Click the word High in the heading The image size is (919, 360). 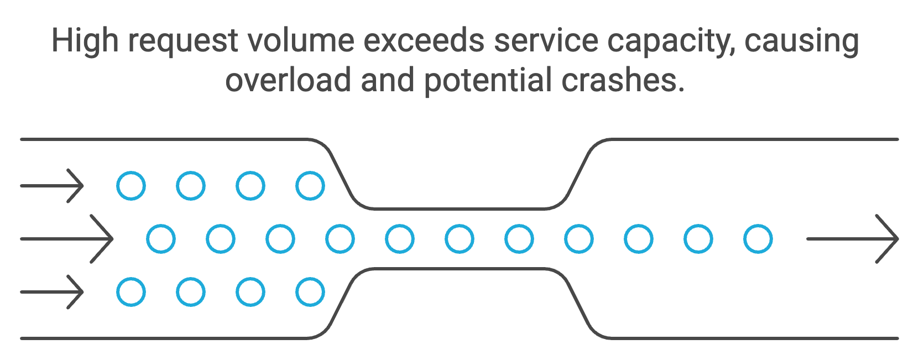click(x=84, y=41)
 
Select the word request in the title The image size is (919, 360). click(x=182, y=42)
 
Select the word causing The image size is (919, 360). click(x=802, y=42)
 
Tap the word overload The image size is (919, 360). click(x=288, y=80)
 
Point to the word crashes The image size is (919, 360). click(x=623, y=80)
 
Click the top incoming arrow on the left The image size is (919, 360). click(x=52, y=186)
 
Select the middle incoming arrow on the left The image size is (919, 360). click(x=67, y=239)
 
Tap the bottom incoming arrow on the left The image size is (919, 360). click(x=52, y=292)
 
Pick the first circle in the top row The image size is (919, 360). click(x=131, y=186)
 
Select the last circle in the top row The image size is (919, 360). click(x=310, y=186)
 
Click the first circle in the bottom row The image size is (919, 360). click(x=131, y=292)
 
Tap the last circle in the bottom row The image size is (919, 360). click(x=310, y=292)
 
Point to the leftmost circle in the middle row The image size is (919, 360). click(x=161, y=239)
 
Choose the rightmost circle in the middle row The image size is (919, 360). click(x=758, y=239)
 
